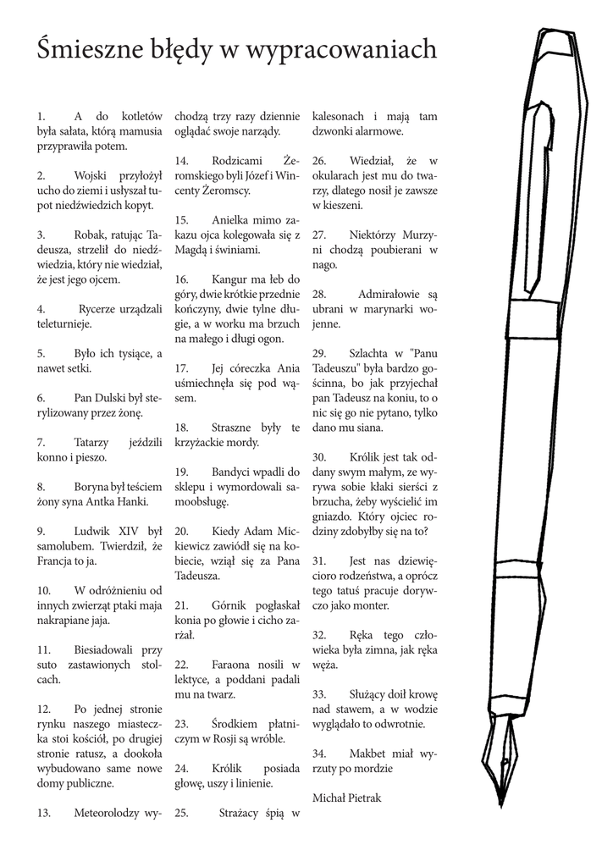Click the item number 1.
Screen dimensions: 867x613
coord(41,116)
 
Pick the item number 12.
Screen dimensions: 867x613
coord(44,709)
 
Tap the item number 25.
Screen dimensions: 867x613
coord(180,814)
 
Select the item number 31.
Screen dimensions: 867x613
coord(319,561)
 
